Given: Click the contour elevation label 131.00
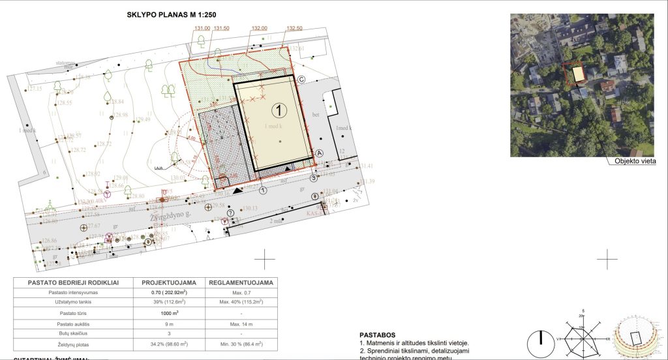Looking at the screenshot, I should point(202,29).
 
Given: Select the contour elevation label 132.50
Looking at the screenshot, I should point(294,29).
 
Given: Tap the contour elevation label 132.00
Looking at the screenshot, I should point(260,29).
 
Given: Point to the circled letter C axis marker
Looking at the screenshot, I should point(301,79).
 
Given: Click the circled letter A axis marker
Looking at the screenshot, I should point(319,153).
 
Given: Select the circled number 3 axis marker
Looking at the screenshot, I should point(313,177).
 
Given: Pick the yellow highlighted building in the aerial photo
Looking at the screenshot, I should point(578,74).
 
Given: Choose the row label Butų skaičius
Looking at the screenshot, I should point(72,333).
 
